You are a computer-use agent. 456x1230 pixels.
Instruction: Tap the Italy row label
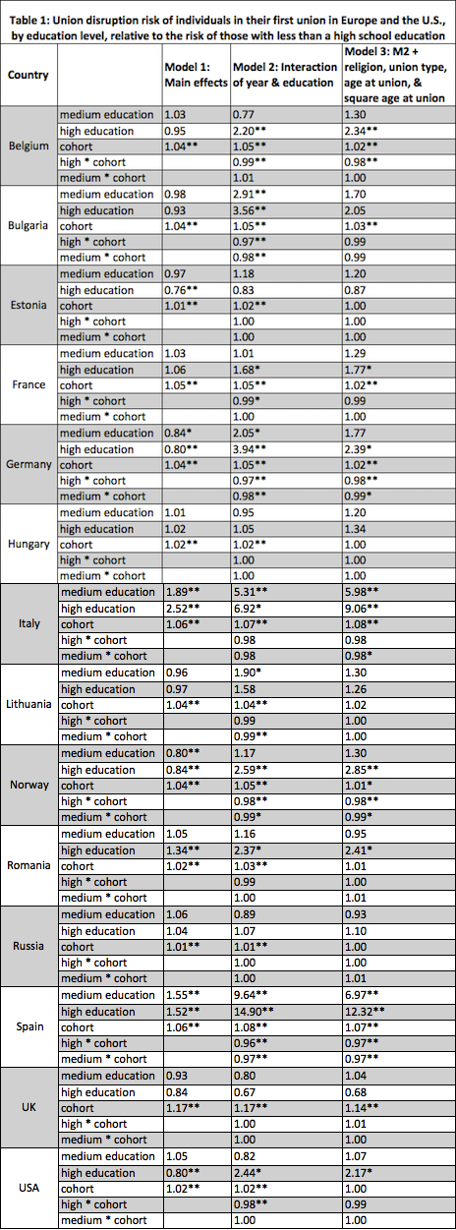[29, 623]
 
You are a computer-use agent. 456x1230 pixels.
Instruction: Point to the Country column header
[28, 77]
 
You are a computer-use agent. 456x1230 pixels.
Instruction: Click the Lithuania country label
[29, 705]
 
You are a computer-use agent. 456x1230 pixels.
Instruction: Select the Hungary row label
[29, 545]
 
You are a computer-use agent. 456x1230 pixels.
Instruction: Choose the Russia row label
[29, 943]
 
